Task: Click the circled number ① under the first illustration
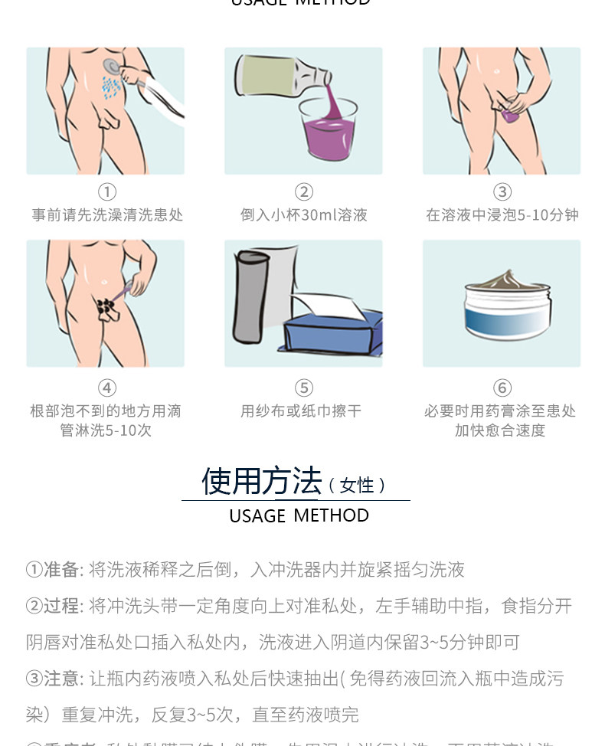click(x=107, y=191)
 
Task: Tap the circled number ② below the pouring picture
click(x=304, y=191)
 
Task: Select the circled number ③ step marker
click(x=502, y=191)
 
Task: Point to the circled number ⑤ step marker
click(x=304, y=388)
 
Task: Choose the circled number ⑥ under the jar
click(x=502, y=388)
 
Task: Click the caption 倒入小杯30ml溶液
click(x=304, y=215)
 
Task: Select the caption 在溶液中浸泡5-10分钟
click(x=502, y=215)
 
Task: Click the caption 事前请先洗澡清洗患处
click(x=107, y=215)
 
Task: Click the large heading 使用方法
click(x=261, y=481)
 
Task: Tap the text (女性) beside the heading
click(x=356, y=486)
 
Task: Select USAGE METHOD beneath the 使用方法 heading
click(x=299, y=515)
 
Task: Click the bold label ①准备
click(x=53, y=570)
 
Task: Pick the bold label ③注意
click(x=53, y=679)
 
